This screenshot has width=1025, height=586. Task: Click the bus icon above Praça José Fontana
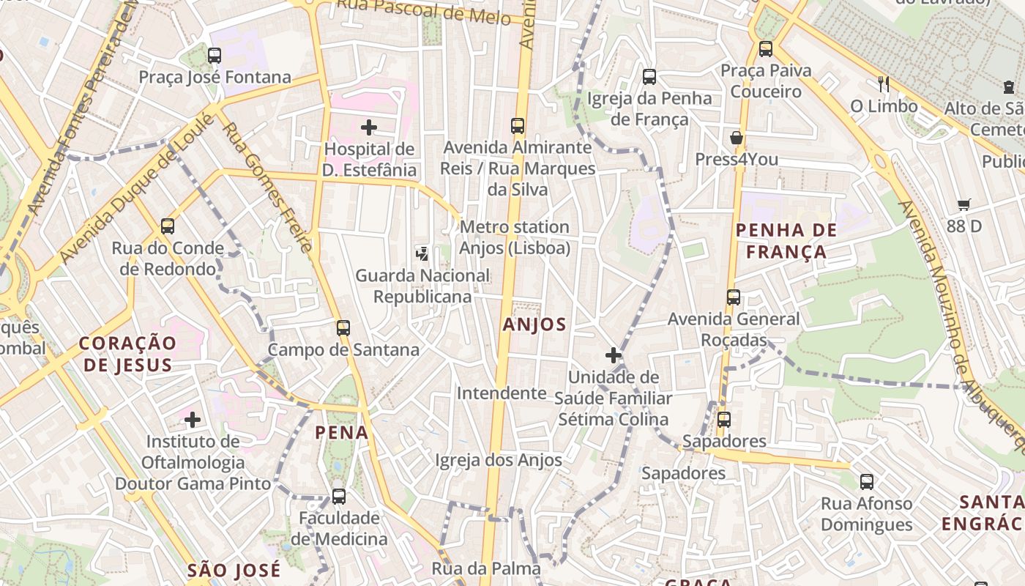tap(214, 56)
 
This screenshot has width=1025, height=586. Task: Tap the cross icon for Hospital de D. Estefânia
tap(369, 127)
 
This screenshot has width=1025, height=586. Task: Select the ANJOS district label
tap(534, 324)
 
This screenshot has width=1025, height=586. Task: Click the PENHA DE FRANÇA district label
tap(780, 241)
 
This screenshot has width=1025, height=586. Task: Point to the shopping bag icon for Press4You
tap(737, 138)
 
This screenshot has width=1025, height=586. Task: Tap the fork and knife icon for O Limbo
tap(884, 84)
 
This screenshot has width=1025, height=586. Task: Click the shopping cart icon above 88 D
tap(963, 205)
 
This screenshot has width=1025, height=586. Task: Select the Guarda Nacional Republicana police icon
tap(422, 253)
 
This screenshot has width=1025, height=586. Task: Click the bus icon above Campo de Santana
tap(343, 327)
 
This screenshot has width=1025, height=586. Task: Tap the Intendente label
tap(502, 393)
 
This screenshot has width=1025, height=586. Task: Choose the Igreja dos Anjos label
tap(499, 460)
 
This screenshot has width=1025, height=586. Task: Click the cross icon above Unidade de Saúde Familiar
tap(613, 356)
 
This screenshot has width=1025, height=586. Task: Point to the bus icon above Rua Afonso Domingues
tap(867, 482)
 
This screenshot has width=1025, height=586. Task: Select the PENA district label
tap(342, 433)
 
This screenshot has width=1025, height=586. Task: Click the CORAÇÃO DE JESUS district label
tap(127, 354)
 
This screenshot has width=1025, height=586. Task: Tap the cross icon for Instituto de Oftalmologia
tap(193, 420)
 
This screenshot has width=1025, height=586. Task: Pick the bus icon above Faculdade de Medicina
tap(338, 497)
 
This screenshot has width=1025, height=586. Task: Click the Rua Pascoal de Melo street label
tap(423, 10)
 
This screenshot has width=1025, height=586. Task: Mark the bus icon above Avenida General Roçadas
tap(734, 297)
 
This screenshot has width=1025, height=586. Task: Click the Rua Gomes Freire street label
tap(267, 187)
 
